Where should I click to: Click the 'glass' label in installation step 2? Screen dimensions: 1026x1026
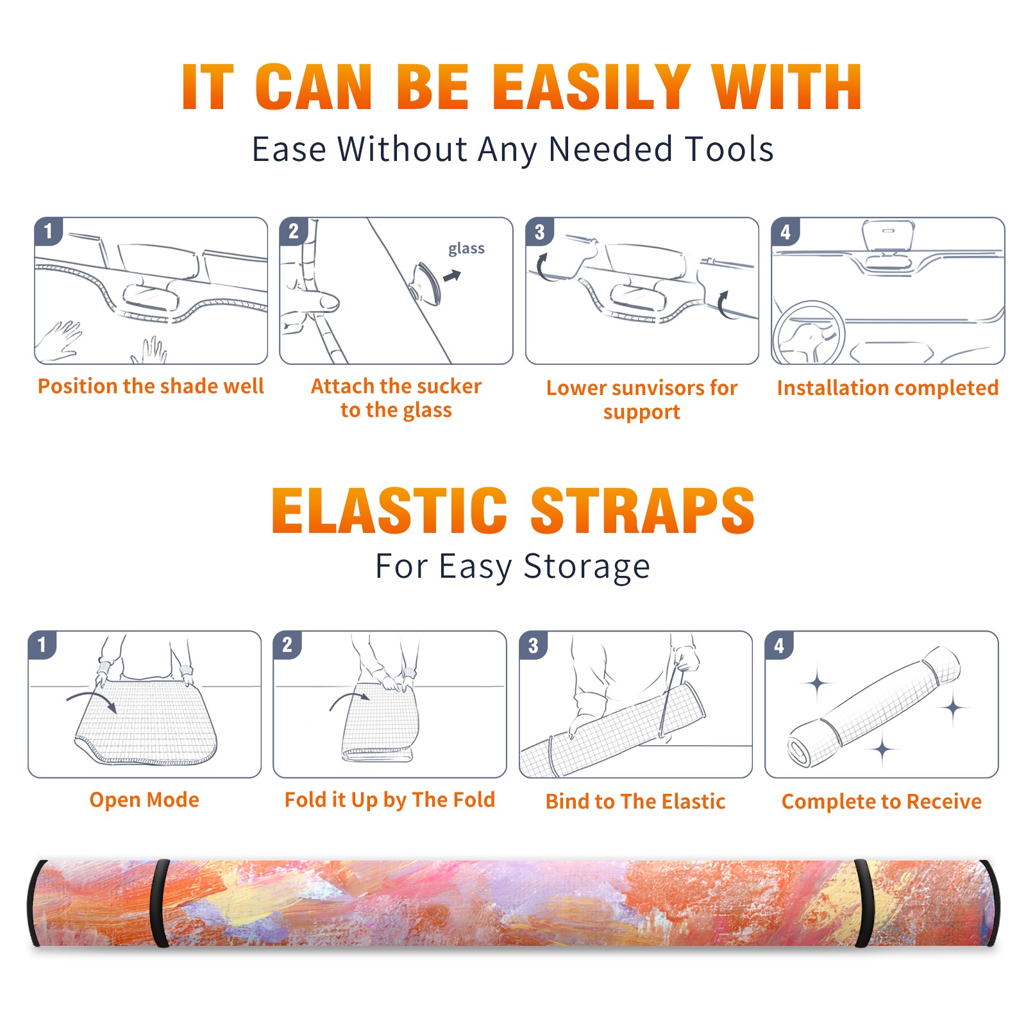[x=466, y=249]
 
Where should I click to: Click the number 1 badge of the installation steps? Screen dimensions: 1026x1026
[x=48, y=231]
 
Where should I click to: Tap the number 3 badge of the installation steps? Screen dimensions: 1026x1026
[x=539, y=231]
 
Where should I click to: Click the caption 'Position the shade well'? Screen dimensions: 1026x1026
[x=151, y=386]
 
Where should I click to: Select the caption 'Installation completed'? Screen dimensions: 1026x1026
[x=887, y=388]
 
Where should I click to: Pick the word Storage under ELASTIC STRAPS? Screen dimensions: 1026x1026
[x=587, y=568]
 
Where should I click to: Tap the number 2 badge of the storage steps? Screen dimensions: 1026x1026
[x=287, y=644]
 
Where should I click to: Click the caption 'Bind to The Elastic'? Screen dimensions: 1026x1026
[x=635, y=802]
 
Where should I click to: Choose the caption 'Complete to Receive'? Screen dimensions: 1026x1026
[x=882, y=802]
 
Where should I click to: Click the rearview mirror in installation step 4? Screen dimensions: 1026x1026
[x=888, y=235]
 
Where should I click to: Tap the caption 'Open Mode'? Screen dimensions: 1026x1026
[x=144, y=800]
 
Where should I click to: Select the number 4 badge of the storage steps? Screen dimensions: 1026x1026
[x=779, y=645]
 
